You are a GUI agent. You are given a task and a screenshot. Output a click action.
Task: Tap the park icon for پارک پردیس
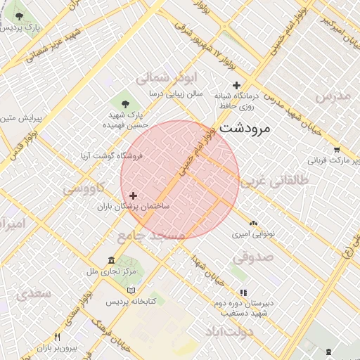click(x=19, y=15)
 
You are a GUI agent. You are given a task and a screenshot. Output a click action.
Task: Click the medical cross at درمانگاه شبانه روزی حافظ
click(x=236, y=84)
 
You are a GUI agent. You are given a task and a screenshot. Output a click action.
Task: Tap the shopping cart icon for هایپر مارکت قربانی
click(x=337, y=149)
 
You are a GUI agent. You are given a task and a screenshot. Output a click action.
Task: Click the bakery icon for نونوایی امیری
click(x=253, y=222)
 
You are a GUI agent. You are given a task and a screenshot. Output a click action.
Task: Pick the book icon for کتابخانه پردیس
click(x=131, y=290)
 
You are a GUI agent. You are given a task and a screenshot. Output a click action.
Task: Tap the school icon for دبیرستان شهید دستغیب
click(x=243, y=292)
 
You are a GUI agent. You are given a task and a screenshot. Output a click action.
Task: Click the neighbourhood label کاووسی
click(x=83, y=188)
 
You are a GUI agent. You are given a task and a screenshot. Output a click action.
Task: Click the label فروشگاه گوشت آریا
click(x=112, y=157)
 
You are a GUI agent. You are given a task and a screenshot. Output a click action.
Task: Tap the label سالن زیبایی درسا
click(x=175, y=93)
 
